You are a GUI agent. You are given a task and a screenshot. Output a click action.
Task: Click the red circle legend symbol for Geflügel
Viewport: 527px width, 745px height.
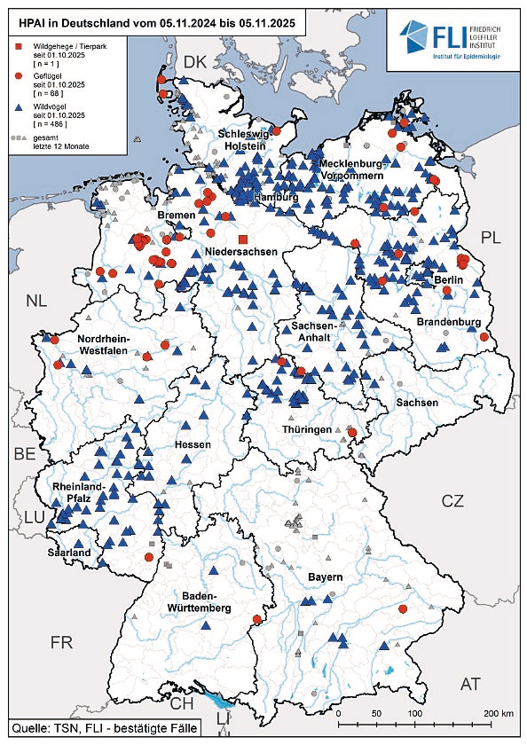[x=17, y=76]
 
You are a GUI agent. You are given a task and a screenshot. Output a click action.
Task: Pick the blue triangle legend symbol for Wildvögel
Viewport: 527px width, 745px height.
[x=17, y=107]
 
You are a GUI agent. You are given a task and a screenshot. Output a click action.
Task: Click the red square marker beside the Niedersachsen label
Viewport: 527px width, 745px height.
[x=242, y=240]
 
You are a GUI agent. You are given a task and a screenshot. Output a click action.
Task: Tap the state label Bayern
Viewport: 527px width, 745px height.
[x=325, y=577]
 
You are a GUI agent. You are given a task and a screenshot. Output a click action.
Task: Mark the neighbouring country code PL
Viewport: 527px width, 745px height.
[x=491, y=237]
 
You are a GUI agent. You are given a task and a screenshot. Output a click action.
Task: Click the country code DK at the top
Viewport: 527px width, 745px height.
[x=194, y=61]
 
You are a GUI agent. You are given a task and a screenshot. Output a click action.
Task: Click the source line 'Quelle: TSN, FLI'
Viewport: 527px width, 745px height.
[x=100, y=729]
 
